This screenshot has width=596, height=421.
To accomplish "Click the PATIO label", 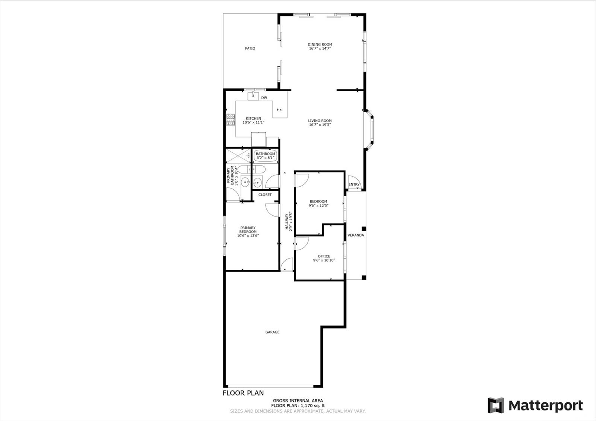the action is coord(250,48).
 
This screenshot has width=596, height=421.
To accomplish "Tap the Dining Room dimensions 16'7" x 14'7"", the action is coord(320,49).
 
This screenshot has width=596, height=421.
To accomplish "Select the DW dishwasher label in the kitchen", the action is coord(264,98).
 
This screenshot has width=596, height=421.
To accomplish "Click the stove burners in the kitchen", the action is coord(231,120).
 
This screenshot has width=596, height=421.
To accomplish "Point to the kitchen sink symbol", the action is coord(253,96).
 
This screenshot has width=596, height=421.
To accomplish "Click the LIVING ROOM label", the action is coord(320,121).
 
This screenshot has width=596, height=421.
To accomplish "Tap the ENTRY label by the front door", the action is coord(354,184).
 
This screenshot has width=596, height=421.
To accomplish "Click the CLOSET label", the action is coord(265,195).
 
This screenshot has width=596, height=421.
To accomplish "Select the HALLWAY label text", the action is coord(287,221).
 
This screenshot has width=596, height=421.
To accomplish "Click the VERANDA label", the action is coord(355,235).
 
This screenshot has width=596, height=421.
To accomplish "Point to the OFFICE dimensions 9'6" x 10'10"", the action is coord(324,260).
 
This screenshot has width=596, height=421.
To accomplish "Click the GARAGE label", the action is coord(272,332).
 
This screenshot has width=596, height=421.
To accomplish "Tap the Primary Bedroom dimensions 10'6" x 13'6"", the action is coord(248,235).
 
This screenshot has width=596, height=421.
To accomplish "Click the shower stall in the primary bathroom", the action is coord(238,156).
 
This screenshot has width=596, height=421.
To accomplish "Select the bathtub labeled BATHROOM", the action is coord(265,156).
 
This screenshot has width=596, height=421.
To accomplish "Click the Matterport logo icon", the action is coord(496,405).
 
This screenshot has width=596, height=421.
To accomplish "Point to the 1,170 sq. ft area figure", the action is coord(313,406).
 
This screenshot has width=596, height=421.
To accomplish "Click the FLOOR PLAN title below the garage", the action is coord(243,393).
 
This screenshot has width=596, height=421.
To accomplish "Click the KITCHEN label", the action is coord(253,119).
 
